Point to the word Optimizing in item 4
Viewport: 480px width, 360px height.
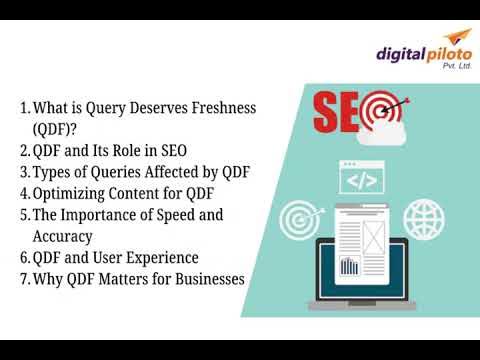click(75, 193)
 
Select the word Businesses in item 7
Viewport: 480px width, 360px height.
click(196, 280)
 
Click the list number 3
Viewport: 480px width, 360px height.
click(23, 172)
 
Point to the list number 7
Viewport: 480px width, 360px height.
click(23, 280)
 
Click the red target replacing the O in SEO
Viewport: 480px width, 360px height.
click(380, 109)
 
